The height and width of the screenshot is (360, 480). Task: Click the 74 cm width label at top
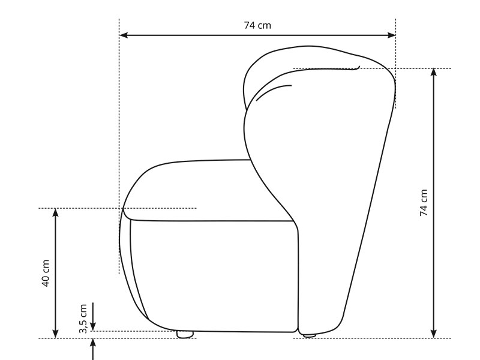(257, 25)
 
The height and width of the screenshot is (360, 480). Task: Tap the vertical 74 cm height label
(424, 203)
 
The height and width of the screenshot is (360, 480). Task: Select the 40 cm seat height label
(46, 273)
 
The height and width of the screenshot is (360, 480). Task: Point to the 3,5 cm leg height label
(83, 319)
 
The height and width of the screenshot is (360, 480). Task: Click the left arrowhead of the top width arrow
(124, 35)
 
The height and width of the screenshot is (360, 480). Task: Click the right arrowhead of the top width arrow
(392, 35)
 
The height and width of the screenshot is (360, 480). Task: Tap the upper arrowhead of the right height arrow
(434, 73)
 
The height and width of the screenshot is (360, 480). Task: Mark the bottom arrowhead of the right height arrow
(434, 334)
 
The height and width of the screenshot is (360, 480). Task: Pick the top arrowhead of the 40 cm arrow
(55, 212)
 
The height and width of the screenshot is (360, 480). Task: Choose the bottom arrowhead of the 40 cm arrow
(55, 334)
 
